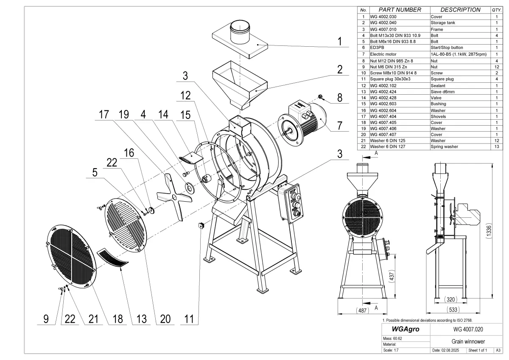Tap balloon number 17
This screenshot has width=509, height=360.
click(104, 115)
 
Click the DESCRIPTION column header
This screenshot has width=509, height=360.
click(460, 10)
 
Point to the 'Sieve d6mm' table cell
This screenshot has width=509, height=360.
click(443, 91)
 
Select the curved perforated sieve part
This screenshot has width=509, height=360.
click(113, 258)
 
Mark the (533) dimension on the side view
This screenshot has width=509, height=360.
click(453, 310)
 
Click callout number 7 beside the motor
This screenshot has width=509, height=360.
click(339, 125)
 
